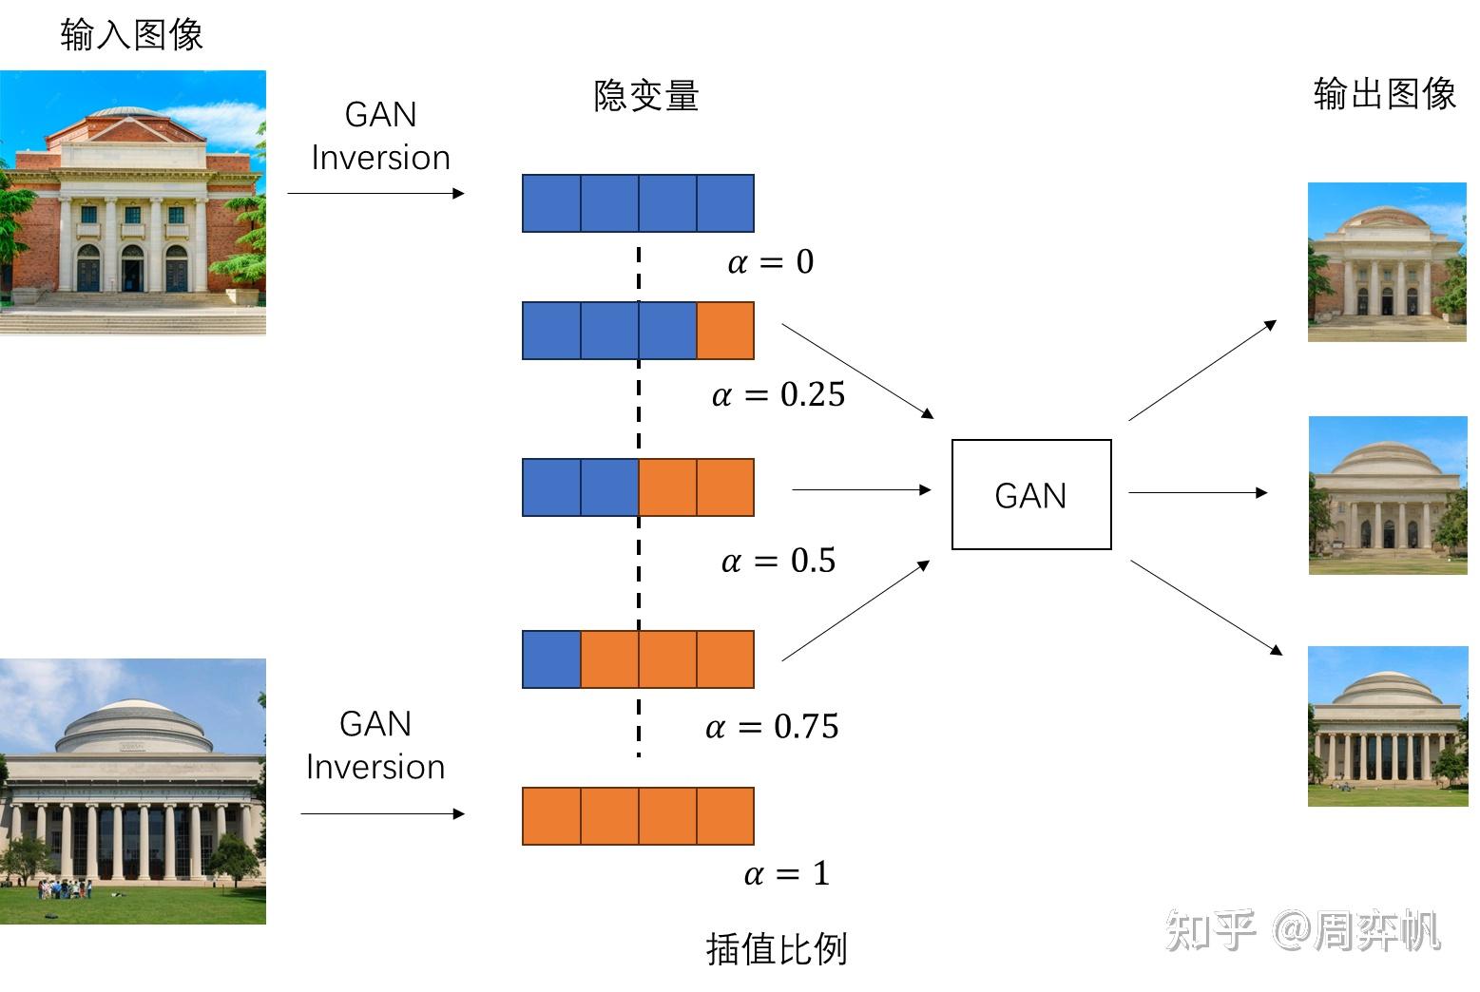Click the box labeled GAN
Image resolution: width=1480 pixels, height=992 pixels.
pos(1031,494)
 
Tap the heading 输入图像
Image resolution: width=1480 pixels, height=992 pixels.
pos(131,35)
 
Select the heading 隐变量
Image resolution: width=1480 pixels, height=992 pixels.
pos(646,96)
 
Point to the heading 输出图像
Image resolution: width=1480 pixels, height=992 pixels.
pos(1384,94)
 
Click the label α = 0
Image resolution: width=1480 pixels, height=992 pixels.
pos(771,262)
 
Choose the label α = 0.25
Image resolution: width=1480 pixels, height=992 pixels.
pos(778,394)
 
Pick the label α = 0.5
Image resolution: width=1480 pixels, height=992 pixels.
pos(778,561)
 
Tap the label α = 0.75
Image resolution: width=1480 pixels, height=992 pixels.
pos(772,727)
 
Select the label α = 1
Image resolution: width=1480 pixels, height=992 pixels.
pos(787,873)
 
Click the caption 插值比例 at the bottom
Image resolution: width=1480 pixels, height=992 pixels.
pos(776,948)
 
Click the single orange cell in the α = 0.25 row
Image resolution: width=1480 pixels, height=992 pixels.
pos(725,331)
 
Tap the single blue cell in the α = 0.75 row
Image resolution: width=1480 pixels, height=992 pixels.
pos(551,658)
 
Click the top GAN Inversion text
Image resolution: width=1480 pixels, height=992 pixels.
pos(380,136)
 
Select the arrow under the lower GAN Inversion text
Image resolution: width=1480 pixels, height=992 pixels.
pos(382,813)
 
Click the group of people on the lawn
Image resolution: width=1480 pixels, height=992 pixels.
pos(65,889)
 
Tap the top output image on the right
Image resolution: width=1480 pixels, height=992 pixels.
pos(1387,262)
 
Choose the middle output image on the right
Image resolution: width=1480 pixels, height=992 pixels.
pos(1387,495)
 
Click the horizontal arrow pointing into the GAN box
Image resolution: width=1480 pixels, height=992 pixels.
pos(861,489)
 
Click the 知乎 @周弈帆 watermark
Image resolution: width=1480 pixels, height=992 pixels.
pos(1302,930)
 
